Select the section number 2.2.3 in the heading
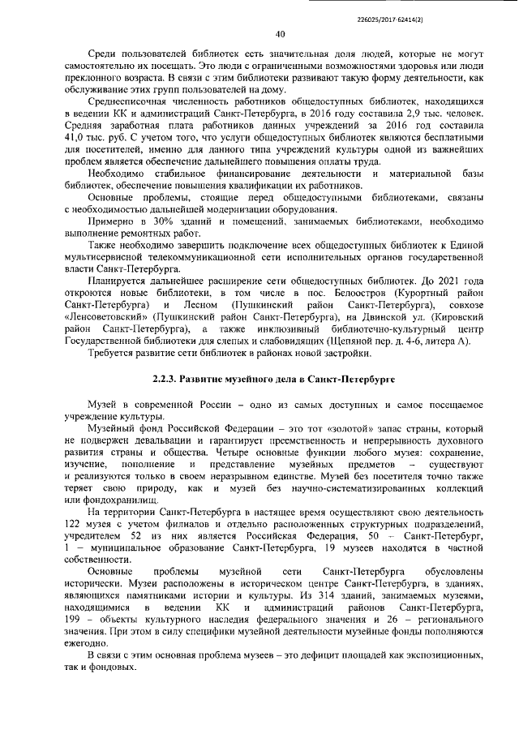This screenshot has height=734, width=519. point(165,379)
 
